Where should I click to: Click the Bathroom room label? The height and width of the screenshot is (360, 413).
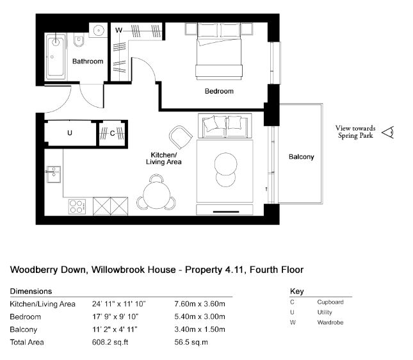pos(88,61)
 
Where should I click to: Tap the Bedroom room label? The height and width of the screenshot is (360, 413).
pos(219,91)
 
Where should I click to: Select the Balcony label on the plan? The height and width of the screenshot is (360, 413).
pos(302,157)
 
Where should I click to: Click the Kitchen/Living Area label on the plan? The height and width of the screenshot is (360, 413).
pos(163,158)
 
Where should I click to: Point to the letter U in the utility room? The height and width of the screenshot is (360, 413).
pos(70,133)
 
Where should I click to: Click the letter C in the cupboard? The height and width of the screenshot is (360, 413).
pos(113,134)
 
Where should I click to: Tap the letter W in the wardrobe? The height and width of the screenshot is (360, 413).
pos(119,30)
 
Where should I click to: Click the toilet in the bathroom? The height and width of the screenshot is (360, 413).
pos(79,40)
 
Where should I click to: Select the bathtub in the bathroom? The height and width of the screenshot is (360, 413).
pos(55,56)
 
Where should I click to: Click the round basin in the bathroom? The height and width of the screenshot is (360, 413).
pos(99,30)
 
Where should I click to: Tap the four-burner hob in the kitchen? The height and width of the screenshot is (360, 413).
pos(77,207)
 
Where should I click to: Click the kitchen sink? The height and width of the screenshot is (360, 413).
pos(54,174)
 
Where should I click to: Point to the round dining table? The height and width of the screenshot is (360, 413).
pos(157,195)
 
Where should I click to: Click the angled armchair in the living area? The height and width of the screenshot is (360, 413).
pos(181,137)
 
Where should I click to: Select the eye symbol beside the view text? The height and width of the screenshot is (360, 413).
pos(388,132)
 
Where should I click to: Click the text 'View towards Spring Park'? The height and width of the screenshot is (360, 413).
pos(355,132)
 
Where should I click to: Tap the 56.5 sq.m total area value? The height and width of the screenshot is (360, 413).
pos(191,342)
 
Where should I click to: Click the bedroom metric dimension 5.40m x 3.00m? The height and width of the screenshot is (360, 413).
pos(200,316)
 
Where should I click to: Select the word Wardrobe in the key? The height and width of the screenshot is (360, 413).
pos(330,322)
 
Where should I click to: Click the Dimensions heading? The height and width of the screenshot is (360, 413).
pos(31,291)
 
